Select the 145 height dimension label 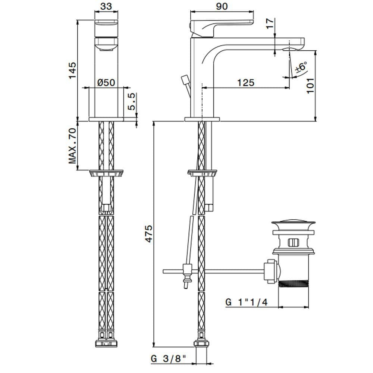pyautogui.click(x=72, y=70)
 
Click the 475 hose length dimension pyautogui.click(x=148, y=234)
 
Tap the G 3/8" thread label pyautogui.click(x=169, y=360)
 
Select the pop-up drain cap pyautogui.click(x=291, y=225)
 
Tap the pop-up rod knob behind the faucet pyautogui.click(x=184, y=80)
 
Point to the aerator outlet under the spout pyautogui.click(x=291, y=49)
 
